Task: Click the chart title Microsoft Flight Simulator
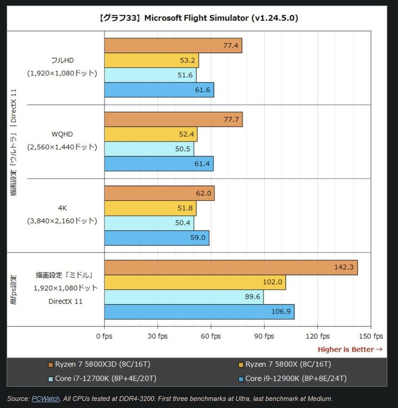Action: pyautogui.click(x=199, y=18)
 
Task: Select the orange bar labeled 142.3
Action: pyautogui.click(x=231, y=267)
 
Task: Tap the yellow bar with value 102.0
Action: pyautogui.click(x=195, y=282)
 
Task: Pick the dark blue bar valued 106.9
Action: pyautogui.click(x=199, y=312)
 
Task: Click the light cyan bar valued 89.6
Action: pyautogui.click(x=184, y=297)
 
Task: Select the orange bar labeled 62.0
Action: pyautogui.click(x=159, y=193)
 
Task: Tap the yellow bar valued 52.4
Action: pyautogui.click(x=150, y=134)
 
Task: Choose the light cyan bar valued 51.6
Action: pyautogui.click(x=150, y=75)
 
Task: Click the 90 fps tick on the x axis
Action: pyautogui.click(x=264, y=336)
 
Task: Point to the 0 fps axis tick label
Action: pyautogui.click(x=104, y=336)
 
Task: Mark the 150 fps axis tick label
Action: pyautogui.click(x=370, y=336)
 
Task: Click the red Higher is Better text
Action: pyautogui.click(x=350, y=349)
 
